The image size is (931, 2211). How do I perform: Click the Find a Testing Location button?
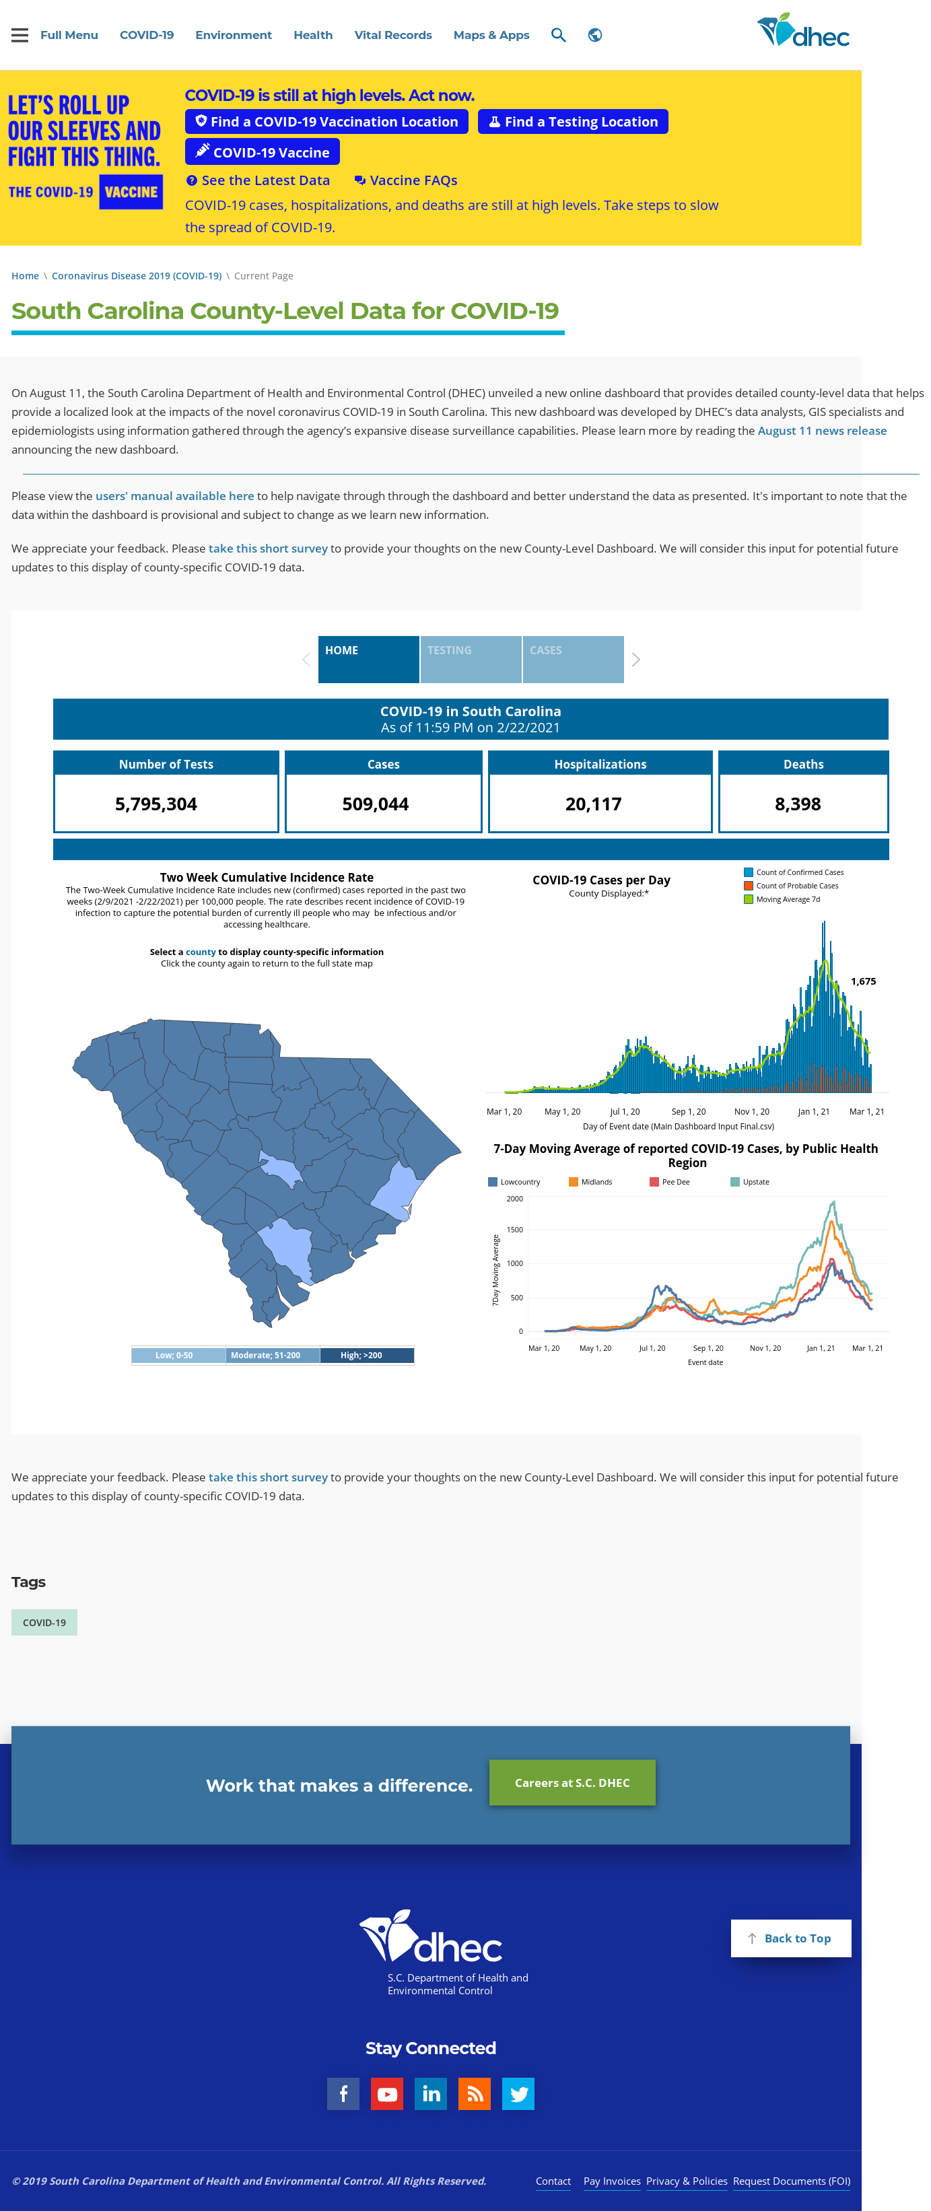pos(572,122)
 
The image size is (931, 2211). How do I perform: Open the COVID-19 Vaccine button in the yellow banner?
pos(263,152)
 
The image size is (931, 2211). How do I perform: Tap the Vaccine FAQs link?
pos(406,180)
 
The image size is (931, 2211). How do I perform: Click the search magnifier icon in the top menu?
pos(559,35)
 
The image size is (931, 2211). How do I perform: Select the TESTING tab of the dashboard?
pos(471,659)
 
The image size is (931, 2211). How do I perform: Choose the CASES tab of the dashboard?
pos(573,659)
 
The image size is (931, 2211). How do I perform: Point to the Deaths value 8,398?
pos(798,804)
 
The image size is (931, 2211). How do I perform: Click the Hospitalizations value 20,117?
pos(594,804)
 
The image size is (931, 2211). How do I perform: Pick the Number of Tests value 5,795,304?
pos(156,804)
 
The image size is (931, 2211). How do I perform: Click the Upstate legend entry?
pos(750,1182)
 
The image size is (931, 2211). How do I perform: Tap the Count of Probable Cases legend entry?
pos(791,886)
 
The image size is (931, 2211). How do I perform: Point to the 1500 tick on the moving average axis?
pos(515,1230)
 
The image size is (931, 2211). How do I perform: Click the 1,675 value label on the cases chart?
pos(863,981)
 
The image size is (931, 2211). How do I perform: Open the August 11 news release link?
pos(822,431)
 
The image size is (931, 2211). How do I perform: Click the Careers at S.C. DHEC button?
pos(572,1783)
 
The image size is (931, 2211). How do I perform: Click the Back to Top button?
pos(790,1938)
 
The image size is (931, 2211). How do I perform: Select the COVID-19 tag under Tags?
pos(44,1622)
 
